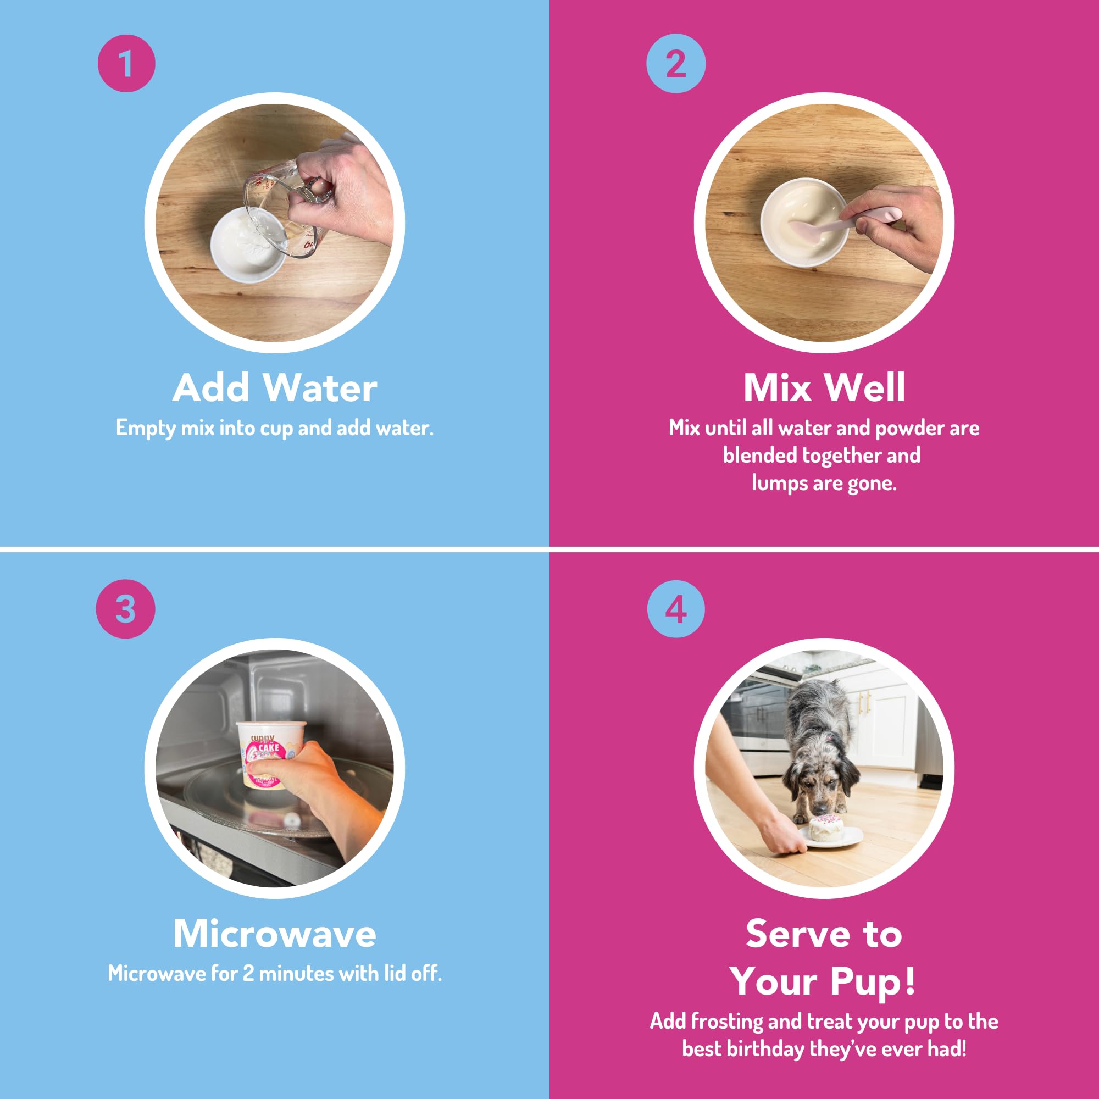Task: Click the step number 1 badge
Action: (126, 63)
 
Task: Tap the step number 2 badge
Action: (676, 63)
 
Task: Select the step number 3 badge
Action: (125, 609)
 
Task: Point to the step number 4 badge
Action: (676, 609)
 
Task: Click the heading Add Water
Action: (275, 388)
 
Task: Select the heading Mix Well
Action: (824, 388)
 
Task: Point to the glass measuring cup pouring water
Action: (279, 208)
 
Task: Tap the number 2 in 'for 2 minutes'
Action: (248, 973)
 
